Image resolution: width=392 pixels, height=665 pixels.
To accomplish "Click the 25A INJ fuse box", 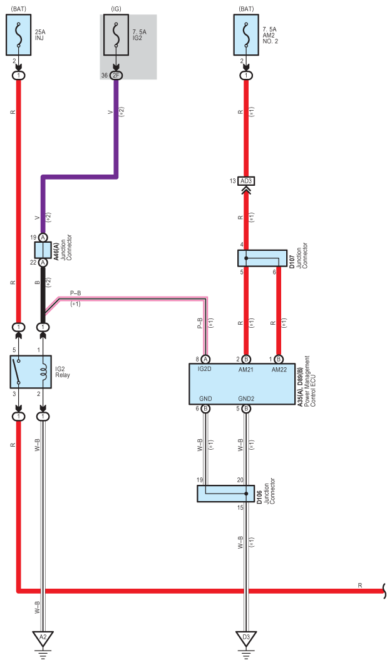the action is point(19,35).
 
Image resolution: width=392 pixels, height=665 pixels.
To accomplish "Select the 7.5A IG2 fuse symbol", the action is point(116,35).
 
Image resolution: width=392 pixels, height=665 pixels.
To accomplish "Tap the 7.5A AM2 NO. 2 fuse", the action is point(246,35).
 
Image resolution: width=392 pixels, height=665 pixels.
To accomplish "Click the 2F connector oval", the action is point(116,76).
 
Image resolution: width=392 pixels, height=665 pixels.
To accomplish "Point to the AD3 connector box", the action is point(246,181).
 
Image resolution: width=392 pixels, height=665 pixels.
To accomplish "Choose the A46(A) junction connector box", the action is point(43,250).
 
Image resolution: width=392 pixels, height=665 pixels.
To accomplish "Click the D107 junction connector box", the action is point(262,258).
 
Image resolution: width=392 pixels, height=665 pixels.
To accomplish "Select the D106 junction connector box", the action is point(226,494).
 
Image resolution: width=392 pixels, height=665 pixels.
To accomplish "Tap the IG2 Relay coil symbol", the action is point(43,372).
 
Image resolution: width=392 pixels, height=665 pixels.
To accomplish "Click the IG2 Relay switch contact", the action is point(18,372).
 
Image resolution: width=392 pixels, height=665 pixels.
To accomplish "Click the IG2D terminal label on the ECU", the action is point(205,369).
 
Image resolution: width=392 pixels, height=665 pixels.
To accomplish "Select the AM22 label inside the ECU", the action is point(279,369).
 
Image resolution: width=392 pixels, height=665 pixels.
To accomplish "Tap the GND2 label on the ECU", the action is point(246,398).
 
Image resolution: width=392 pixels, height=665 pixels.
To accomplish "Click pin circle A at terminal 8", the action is point(205,359).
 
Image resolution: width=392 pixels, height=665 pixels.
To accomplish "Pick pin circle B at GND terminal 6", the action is point(205,409).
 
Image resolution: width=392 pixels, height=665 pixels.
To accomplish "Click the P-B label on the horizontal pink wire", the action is point(76,293).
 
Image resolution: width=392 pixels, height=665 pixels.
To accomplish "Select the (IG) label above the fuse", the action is point(116,9).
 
